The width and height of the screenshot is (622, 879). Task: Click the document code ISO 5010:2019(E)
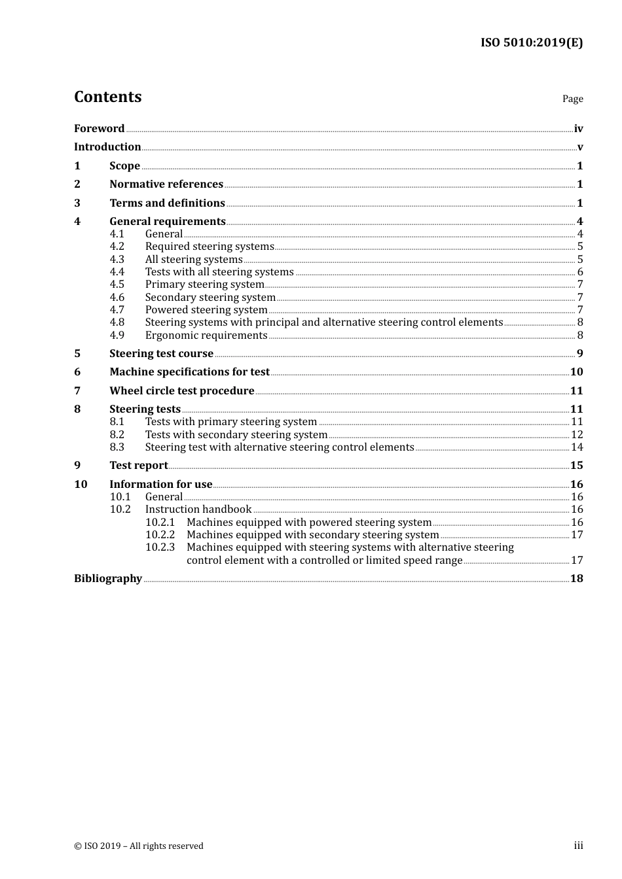531,43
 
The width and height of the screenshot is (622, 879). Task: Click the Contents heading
107,97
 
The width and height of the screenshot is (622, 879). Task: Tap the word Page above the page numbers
572,99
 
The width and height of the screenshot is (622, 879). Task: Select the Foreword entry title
99,128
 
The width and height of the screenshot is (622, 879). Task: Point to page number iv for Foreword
578,129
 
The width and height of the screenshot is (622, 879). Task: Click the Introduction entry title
107,146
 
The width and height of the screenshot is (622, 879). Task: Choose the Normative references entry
166,184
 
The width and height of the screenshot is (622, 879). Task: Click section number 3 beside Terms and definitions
77,203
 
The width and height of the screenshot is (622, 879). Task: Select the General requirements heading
168,221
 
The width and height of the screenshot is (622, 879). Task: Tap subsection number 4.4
117,271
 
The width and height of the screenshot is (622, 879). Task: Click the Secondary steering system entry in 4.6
210,297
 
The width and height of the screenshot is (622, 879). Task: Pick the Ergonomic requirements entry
206,335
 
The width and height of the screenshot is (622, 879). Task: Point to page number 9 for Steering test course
579,354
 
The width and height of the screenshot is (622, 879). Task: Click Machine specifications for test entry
189,371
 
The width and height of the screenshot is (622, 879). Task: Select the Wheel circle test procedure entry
182,390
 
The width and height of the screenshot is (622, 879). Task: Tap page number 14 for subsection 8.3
577,447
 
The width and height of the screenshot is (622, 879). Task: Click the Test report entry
138,465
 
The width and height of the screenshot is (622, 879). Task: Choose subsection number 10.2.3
160,547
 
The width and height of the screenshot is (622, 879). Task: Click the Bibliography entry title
108,578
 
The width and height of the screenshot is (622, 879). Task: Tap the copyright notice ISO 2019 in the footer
139,846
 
